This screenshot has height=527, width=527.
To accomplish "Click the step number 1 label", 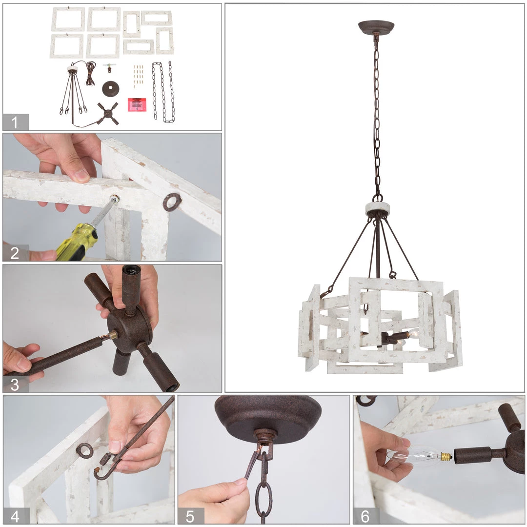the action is point(14,122).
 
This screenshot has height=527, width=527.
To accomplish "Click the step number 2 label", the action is point(15,253).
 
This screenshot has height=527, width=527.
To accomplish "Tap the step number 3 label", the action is point(15,385).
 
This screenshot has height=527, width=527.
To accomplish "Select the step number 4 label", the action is point(15,516).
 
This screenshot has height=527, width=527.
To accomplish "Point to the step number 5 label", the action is point(190,516).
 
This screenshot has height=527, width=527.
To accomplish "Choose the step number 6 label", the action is point(365,516).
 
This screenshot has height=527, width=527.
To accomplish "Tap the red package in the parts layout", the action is point(137,104).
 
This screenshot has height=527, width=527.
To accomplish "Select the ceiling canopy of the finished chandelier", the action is point(376,27).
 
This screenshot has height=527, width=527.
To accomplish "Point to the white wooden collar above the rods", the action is point(378,209).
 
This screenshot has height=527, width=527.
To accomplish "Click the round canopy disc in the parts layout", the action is point(111,89).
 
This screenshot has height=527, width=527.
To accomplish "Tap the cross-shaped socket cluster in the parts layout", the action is point(108,114).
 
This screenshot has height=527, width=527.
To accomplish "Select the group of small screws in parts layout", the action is point(139,76).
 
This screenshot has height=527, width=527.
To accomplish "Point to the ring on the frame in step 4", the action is point(85,451).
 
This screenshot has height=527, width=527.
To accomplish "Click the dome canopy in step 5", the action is point(268,416).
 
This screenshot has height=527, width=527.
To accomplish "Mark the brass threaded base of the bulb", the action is point(446,456).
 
